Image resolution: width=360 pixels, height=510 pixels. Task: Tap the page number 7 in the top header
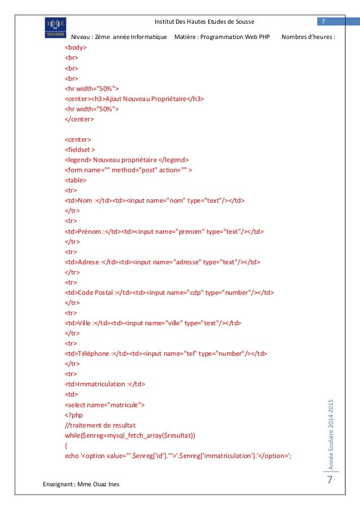(323, 21)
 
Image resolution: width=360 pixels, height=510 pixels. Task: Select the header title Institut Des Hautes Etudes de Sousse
(204, 21)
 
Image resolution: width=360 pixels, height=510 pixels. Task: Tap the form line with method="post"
(129, 169)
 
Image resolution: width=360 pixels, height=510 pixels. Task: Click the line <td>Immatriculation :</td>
(105, 383)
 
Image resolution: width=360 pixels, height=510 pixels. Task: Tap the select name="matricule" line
(105, 404)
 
